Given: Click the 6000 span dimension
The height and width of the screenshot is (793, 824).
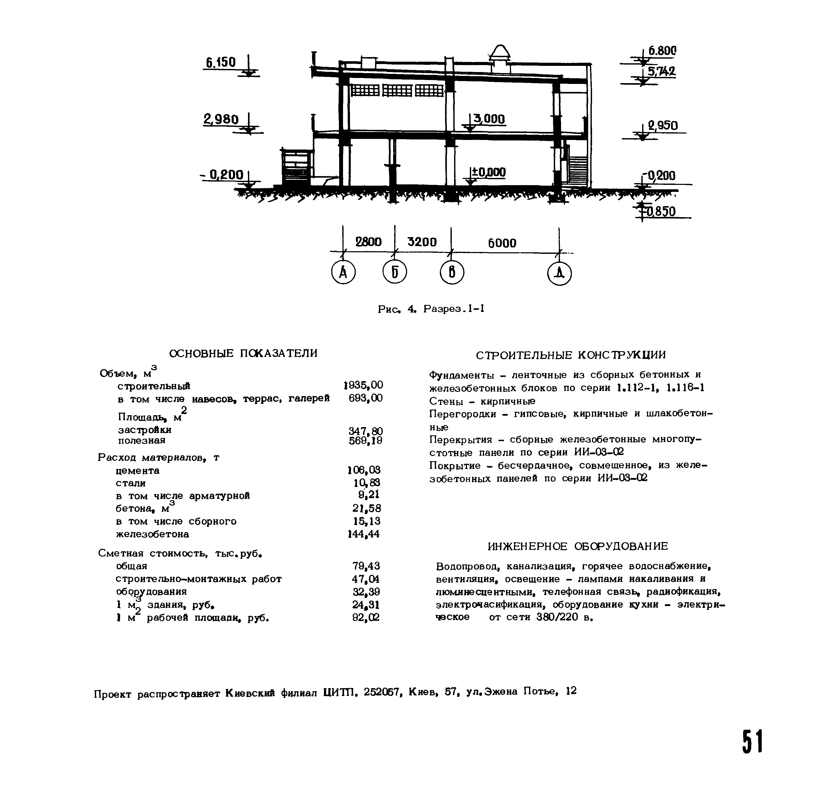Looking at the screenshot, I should (502, 243).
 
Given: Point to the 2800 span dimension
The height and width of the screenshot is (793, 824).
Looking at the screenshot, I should (369, 242).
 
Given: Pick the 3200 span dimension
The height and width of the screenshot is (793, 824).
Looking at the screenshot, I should (422, 242).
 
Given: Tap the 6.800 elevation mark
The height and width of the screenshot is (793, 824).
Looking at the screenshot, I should (662, 51).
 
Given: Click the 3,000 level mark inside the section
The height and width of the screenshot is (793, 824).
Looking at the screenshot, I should (489, 119).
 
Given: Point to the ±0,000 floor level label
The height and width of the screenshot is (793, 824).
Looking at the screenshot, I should (489, 172).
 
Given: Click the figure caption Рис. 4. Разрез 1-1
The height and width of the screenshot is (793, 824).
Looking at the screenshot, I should (431, 309).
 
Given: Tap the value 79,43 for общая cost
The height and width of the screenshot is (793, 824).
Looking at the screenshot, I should (366, 566).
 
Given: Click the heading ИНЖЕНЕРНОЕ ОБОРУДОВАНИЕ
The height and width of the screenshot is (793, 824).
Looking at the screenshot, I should (578, 546).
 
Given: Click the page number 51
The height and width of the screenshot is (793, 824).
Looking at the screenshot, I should (752, 742).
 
